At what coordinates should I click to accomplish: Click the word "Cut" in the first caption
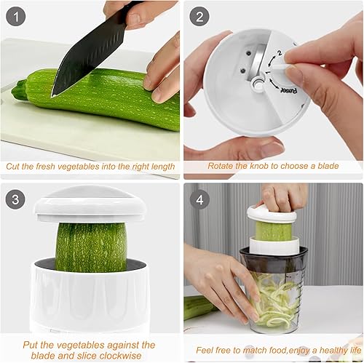tap(15, 166)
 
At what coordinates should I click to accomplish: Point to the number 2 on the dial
tap(278, 53)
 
